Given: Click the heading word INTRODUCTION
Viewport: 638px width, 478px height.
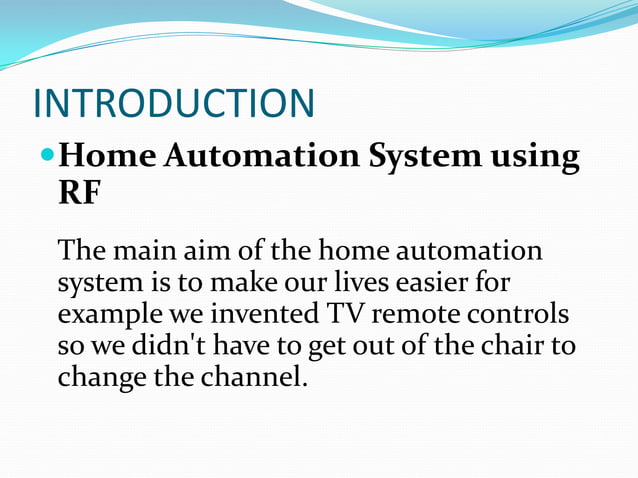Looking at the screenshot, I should tap(174, 104).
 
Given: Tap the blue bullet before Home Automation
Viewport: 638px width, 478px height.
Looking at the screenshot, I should tap(47, 157).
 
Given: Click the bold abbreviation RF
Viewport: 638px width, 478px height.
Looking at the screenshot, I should tap(79, 193).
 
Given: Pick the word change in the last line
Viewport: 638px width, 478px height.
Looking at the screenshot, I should tap(96, 379).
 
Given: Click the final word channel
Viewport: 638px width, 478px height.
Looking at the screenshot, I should tap(248, 378).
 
